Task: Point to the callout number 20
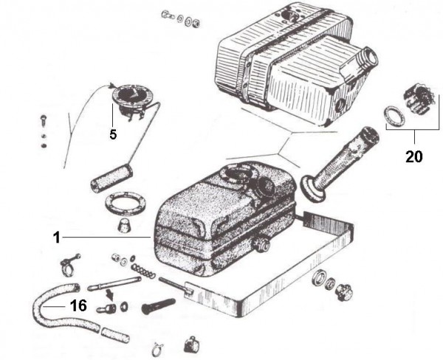click(x=414, y=157)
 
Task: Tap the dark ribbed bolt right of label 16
click(x=159, y=304)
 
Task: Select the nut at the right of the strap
click(x=341, y=291)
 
